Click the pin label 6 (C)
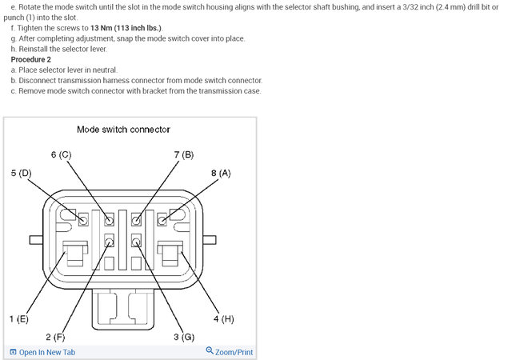pyautogui.click(x=62, y=154)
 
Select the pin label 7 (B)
pyautogui.click(x=183, y=154)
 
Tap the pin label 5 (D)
pyautogui.click(x=21, y=173)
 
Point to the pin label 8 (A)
pyautogui.click(x=221, y=173)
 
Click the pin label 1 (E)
pyautogui.click(x=19, y=318)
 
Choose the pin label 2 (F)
pyautogui.click(x=55, y=337)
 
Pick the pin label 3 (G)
pyautogui.click(x=184, y=337)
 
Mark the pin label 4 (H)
pyautogui.click(x=223, y=318)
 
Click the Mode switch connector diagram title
pyautogui.click(x=123, y=129)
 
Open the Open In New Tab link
pyautogui.click(x=47, y=352)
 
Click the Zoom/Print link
pyautogui.click(x=234, y=352)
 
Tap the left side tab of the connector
pyautogui.click(x=35, y=239)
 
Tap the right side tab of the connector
pyautogui.click(x=210, y=239)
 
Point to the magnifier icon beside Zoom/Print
pyautogui.click(x=210, y=351)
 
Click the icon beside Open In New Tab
pyautogui.click(x=13, y=352)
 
